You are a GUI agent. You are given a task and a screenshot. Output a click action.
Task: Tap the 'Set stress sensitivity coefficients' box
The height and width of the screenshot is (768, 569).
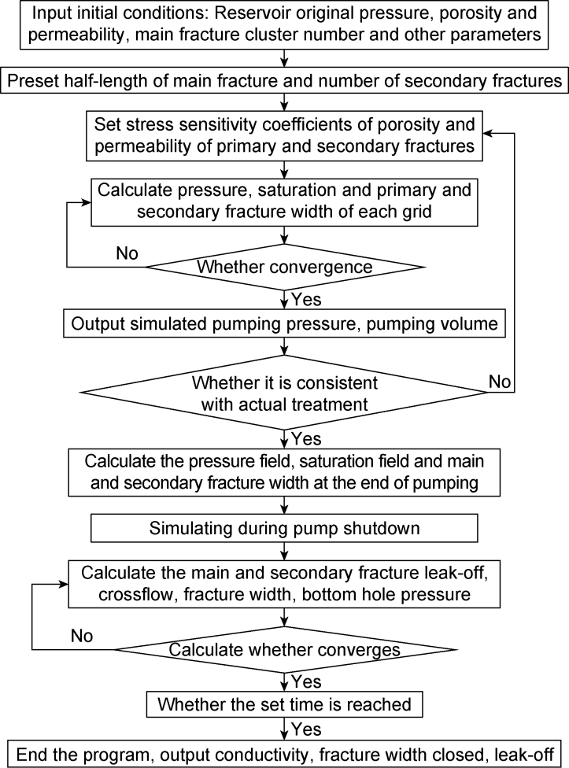coord(285,135)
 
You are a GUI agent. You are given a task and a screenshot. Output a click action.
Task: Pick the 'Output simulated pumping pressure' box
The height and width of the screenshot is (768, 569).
coord(285,323)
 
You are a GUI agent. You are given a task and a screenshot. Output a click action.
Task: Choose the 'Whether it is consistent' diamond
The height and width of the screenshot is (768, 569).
coord(285,393)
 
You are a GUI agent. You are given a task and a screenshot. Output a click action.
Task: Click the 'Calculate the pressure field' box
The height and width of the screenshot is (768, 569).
coord(285,472)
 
